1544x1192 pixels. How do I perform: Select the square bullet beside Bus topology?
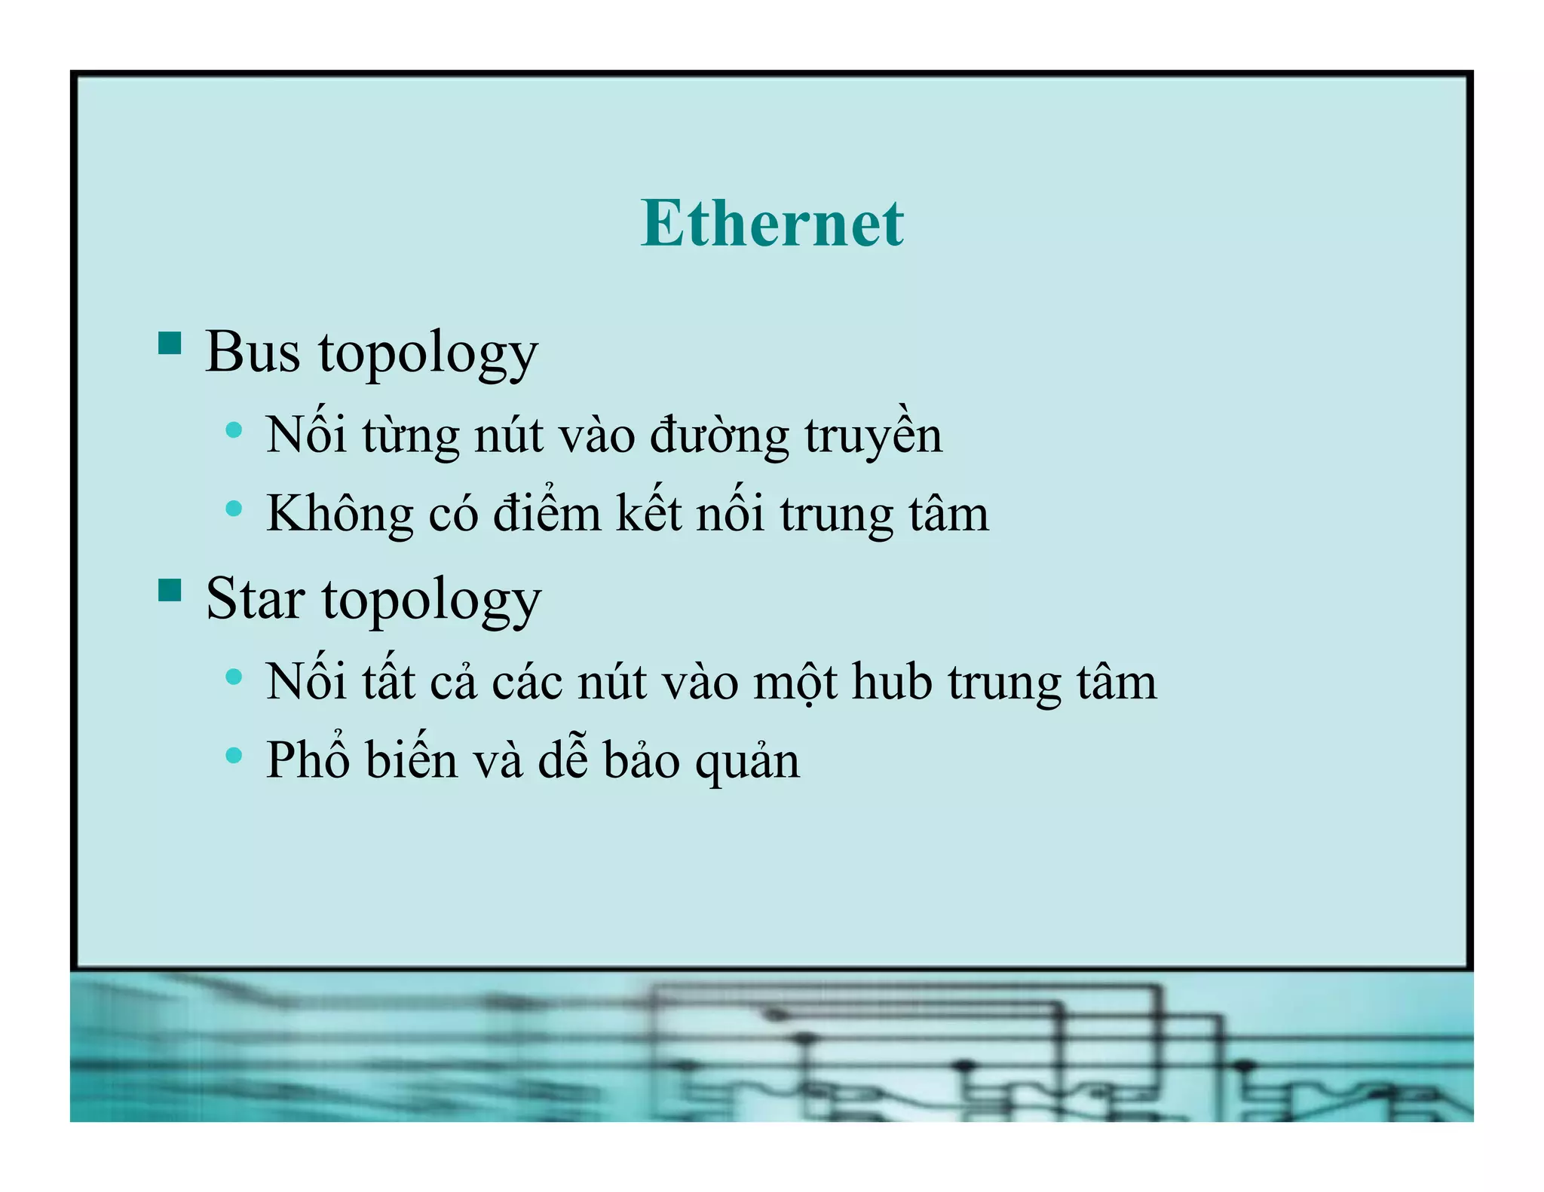[170, 343]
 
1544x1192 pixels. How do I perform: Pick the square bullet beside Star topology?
[170, 590]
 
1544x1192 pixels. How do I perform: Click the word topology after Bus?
[427, 354]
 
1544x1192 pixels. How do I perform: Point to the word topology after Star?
[431, 601]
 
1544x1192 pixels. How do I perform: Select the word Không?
[339, 514]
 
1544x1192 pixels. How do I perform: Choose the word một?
[795, 683]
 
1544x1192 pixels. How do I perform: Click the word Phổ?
[308, 759]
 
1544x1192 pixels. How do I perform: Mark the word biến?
[412, 759]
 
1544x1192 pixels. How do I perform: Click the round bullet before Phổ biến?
[234, 754]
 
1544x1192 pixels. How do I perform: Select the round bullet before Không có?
[234, 509]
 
